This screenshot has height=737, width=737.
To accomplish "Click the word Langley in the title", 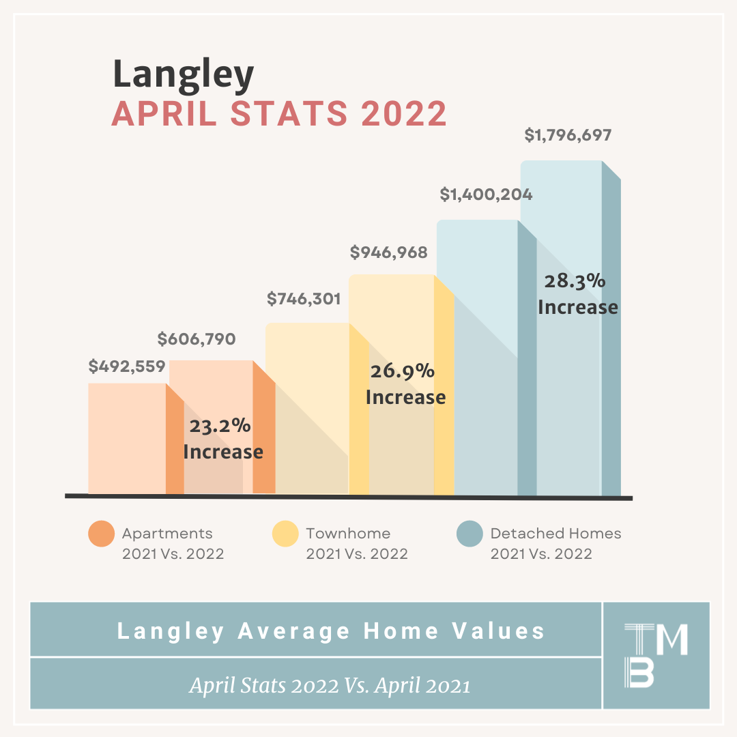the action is coord(184,75).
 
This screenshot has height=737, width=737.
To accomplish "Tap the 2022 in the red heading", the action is coord(404,114).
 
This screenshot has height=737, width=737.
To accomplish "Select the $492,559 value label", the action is coord(127,366).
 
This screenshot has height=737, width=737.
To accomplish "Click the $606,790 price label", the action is coord(197,339).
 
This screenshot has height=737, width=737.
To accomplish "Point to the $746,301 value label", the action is coord(304,298).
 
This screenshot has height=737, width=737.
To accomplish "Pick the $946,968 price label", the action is coord(389,252).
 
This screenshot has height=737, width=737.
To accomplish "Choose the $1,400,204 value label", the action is coord(486,194).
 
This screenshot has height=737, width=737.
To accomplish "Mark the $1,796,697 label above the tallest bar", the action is coord(568,135).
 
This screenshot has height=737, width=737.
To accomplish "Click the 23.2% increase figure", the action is coord(220,426).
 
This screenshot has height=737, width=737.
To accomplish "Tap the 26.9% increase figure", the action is coord(403,371).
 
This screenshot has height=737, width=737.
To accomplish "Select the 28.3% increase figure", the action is coord(575,281).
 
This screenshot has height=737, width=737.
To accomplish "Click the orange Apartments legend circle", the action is coord(102,534).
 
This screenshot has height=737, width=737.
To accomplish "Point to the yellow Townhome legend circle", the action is coord(285,534).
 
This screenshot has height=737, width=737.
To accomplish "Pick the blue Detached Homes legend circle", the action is coord(469,534).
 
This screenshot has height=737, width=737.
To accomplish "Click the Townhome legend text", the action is coord(348,534).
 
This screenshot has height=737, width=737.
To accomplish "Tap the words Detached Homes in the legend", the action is coord(555,534).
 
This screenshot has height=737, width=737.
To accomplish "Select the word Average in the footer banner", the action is coord(293,631).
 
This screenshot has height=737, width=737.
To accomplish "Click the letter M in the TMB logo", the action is coord(671,639).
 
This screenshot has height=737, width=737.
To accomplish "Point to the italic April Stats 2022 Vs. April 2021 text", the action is coord(330,685).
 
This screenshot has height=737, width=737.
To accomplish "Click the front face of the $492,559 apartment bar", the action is coord(127,439).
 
